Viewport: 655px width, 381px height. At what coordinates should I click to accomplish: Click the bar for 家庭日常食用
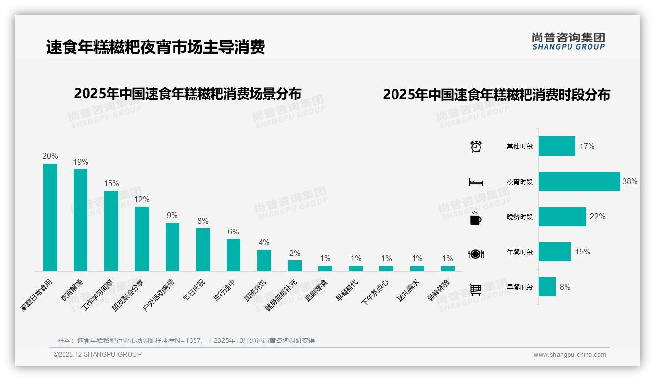point(50,217)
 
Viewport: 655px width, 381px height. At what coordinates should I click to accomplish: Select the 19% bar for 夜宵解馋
point(81,220)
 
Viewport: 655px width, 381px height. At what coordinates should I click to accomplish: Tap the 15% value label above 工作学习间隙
point(111,184)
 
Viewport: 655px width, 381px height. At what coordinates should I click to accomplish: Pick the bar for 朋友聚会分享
point(142,238)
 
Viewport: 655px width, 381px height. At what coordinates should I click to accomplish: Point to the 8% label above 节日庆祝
point(203,221)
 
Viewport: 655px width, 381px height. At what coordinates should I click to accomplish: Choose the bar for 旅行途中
point(234,254)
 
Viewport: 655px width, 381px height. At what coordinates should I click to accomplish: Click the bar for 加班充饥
point(264,260)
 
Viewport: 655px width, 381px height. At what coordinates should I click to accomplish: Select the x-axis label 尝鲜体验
point(438,291)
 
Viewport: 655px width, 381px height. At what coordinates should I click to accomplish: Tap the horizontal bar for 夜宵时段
point(579,181)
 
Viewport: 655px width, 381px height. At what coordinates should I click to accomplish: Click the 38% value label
point(630,181)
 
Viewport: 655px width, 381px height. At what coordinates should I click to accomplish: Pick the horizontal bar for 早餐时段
point(547,287)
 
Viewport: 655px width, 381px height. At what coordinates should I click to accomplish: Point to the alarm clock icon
point(476,147)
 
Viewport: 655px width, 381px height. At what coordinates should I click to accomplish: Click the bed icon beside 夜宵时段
point(476,182)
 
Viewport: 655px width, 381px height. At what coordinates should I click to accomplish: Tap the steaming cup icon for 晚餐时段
point(476,218)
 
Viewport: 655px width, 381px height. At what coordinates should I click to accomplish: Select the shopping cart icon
point(476,289)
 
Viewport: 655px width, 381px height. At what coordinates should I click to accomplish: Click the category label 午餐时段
point(520,253)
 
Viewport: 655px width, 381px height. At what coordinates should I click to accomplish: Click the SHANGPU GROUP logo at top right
point(568,42)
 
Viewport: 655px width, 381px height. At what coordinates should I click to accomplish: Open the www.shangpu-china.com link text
point(569,355)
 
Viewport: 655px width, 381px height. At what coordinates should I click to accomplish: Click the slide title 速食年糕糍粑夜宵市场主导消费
point(155,47)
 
